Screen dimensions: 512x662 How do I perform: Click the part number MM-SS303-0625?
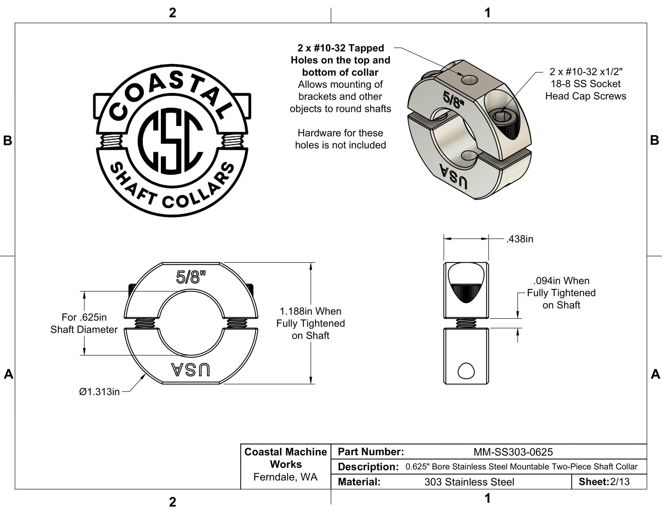pos(513,452)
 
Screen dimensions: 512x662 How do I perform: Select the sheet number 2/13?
pos(620,482)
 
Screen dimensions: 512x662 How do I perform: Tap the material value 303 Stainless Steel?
pos(469,482)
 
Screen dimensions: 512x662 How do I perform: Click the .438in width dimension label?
pos(519,239)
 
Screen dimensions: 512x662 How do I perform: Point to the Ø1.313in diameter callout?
pos(99,392)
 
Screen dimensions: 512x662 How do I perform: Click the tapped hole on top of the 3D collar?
pos(469,80)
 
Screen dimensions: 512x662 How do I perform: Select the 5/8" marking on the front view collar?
pos(191,277)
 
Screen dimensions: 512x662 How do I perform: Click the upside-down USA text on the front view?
pos(191,370)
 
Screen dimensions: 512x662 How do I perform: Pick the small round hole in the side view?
pos(466,371)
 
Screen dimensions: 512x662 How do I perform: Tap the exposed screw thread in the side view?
pos(466,323)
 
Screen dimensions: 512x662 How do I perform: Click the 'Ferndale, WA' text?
pos(285,477)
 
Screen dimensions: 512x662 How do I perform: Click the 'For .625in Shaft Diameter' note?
pos(84,323)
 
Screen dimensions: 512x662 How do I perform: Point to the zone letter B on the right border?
pos(654,140)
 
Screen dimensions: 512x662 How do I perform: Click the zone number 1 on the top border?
pos(487,13)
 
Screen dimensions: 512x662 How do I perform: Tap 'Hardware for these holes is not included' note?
pos(340,139)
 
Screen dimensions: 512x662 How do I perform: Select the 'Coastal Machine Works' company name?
pos(285,458)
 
